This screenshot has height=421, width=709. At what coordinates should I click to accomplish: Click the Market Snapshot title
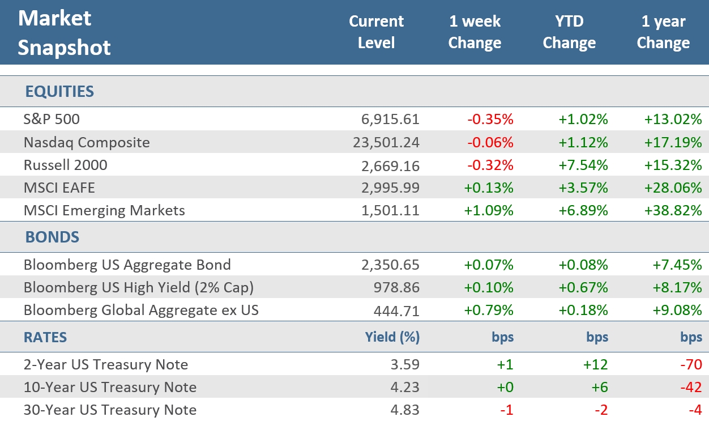tap(64, 33)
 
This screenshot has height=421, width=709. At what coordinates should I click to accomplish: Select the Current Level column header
tap(376, 32)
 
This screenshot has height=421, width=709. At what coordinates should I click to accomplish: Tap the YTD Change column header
tap(569, 32)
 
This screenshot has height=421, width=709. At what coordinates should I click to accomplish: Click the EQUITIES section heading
tap(59, 92)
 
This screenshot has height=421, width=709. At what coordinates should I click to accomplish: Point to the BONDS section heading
tap(52, 237)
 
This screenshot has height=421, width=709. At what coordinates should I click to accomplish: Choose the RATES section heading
tap(45, 337)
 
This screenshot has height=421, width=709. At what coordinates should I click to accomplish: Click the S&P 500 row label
tap(52, 120)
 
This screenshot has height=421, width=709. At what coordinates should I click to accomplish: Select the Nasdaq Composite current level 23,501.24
tap(385, 142)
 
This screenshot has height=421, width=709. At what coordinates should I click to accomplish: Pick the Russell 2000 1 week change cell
tap(490, 165)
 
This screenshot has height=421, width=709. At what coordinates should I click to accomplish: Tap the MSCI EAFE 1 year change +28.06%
tap(673, 188)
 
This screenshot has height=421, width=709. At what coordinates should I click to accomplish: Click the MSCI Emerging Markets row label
tap(104, 210)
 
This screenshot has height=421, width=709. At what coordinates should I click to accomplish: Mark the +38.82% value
tap(673, 210)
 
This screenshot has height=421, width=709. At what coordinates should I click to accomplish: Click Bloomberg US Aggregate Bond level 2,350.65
tap(391, 265)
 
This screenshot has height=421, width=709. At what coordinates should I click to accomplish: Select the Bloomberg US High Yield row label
tap(138, 287)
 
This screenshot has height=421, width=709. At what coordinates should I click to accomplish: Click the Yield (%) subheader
tap(392, 337)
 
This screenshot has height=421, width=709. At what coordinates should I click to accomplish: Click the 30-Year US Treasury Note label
tap(110, 410)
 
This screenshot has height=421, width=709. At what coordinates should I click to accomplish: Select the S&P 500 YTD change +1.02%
tap(583, 120)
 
